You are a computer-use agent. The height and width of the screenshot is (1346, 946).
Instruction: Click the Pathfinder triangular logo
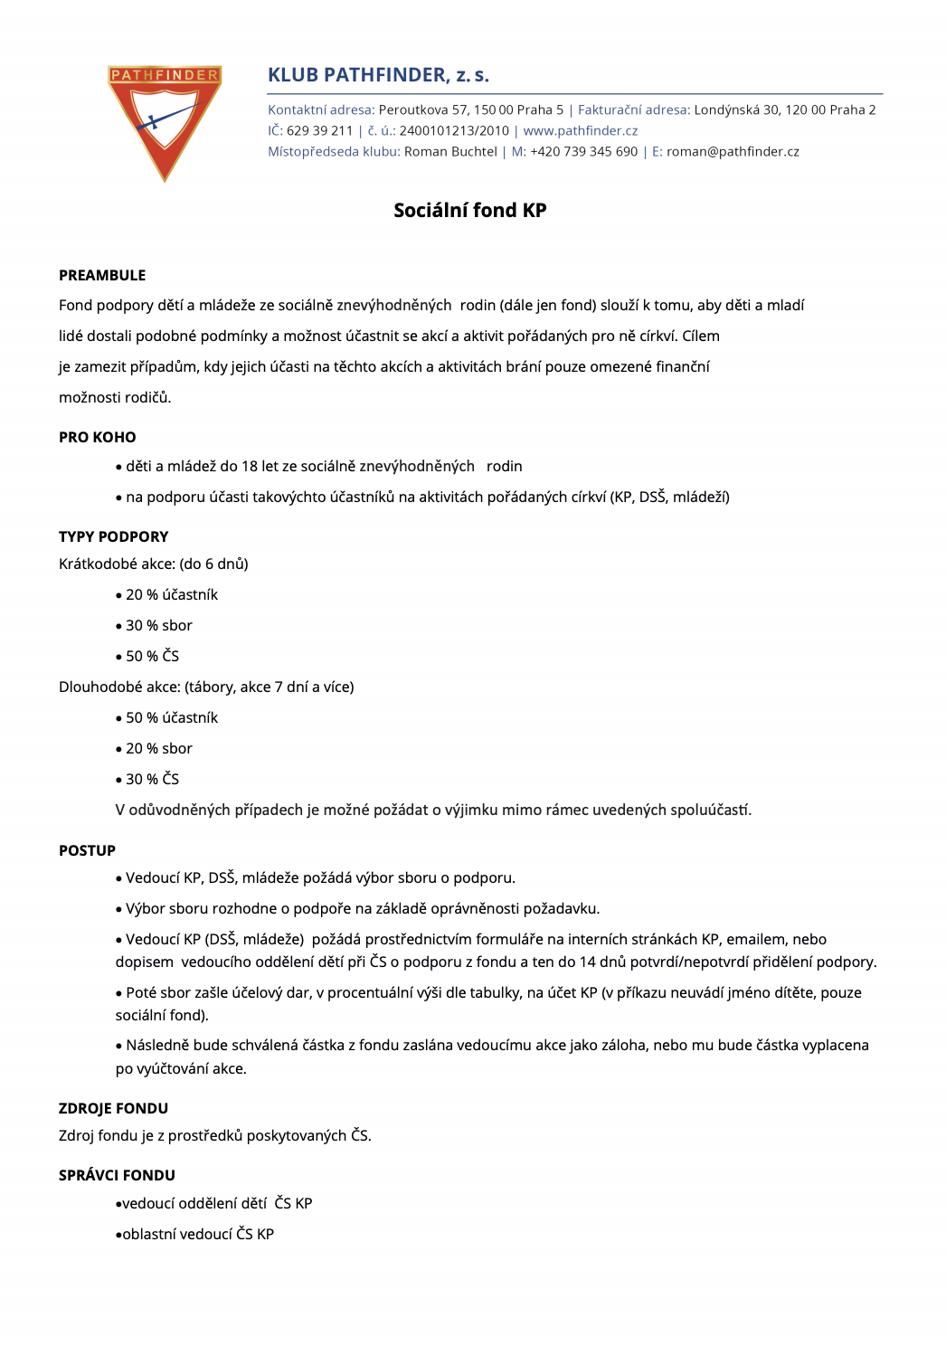click(x=164, y=121)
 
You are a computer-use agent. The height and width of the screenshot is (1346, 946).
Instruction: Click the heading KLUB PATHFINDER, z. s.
click(x=378, y=75)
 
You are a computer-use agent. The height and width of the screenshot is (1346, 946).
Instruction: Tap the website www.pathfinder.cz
click(x=580, y=130)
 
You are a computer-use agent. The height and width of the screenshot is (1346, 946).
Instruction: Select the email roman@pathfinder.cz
click(x=733, y=151)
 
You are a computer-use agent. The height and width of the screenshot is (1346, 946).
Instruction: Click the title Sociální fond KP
click(x=469, y=210)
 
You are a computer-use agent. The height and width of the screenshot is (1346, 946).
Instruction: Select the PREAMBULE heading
click(x=102, y=275)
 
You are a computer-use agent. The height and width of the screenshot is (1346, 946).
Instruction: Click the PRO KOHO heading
click(x=98, y=437)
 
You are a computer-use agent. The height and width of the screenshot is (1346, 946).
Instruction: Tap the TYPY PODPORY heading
click(x=114, y=536)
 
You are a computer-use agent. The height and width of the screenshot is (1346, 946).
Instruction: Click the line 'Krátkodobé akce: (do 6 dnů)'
click(x=154, y=564)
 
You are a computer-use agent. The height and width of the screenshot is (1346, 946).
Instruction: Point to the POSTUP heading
click(x=88, y=850)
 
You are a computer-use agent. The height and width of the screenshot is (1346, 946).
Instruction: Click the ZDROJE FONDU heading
click(x=114, y=1108)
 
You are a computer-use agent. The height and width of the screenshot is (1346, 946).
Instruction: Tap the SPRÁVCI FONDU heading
click(x=118, y=1175)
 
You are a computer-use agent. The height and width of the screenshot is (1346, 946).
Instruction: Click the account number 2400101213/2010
click(x=454, y=130)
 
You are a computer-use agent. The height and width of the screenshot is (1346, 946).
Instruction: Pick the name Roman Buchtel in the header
click(x=450, y=151)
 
